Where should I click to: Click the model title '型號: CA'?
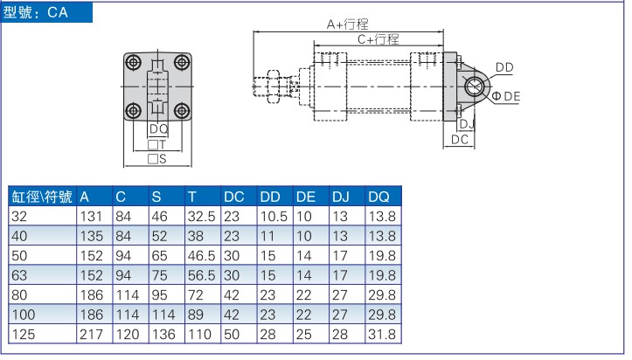[36, 12]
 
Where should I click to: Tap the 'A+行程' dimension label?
[347, 24]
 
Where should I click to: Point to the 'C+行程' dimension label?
[379, 39]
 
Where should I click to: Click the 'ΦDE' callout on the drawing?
[506, 96]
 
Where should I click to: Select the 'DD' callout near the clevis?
[504, 67]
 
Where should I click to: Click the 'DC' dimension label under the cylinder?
[460, 140]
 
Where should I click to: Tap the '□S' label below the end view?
[157, 159]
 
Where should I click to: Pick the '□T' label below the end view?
[156, 144]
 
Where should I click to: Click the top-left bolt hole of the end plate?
[133, 63]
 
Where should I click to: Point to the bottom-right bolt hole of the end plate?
[182, 111]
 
